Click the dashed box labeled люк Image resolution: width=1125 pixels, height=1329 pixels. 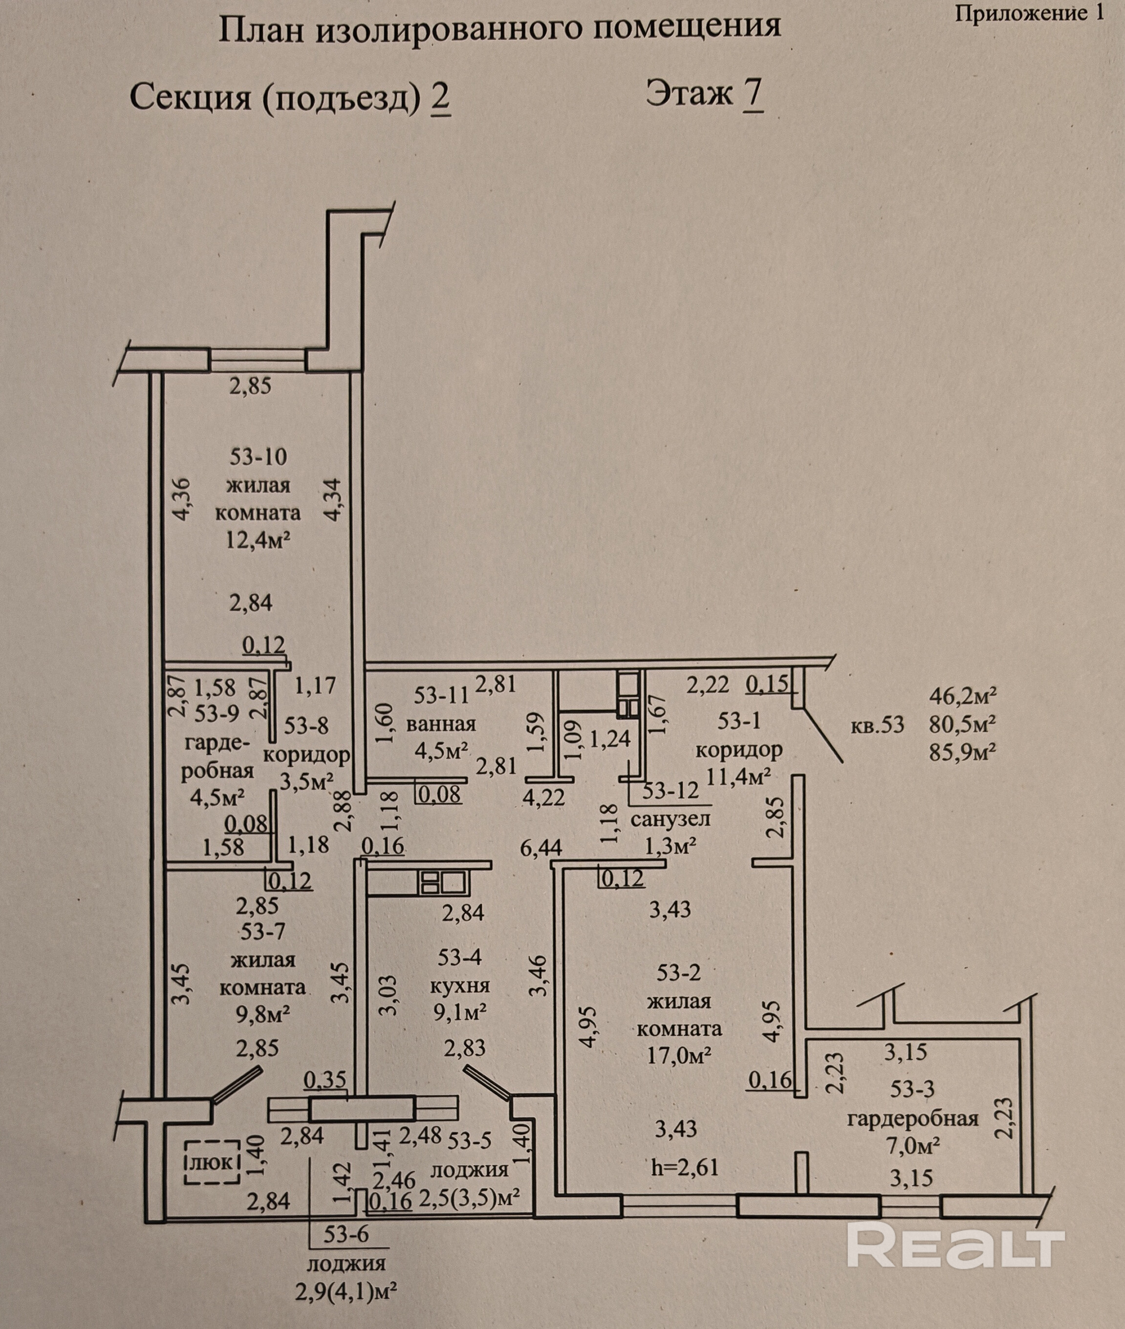pos(213,1162)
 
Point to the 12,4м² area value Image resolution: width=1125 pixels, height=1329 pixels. pos(259,541)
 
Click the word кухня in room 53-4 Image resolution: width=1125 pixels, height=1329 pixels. pos(460,986)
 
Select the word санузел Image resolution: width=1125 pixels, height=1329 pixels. pos(671,819)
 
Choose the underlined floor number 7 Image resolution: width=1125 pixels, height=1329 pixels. pos(753,94)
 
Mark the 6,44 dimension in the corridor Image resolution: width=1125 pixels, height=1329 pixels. pos(541,847)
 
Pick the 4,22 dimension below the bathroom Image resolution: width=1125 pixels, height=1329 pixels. pos(544,796)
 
